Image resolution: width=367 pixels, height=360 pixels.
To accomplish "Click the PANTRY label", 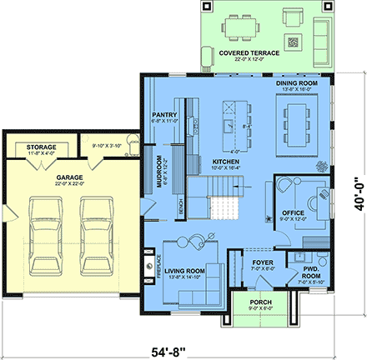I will (x=163, y=116).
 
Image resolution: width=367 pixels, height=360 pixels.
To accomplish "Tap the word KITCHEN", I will (x=203, y=160).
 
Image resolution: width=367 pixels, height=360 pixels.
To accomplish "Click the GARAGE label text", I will (x=68, y=177).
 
